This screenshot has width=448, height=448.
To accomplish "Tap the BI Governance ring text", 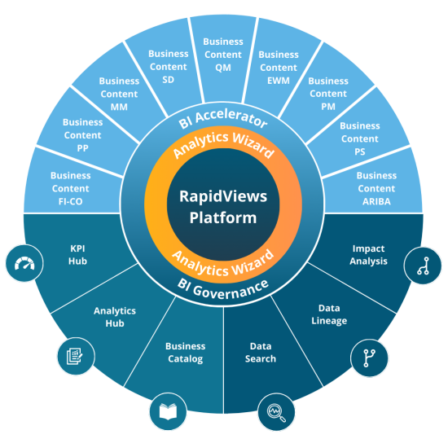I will (x=223, y=286).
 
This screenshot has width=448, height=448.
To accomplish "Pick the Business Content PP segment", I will (x=82, y=134).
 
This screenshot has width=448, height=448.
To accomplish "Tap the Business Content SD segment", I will (x=169, y=65).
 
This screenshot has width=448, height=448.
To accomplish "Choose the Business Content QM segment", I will (x=223, y=53).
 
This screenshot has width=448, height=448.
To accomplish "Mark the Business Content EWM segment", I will (x=279, y=66).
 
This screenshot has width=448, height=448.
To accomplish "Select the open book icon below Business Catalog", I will (x=167, y=411).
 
